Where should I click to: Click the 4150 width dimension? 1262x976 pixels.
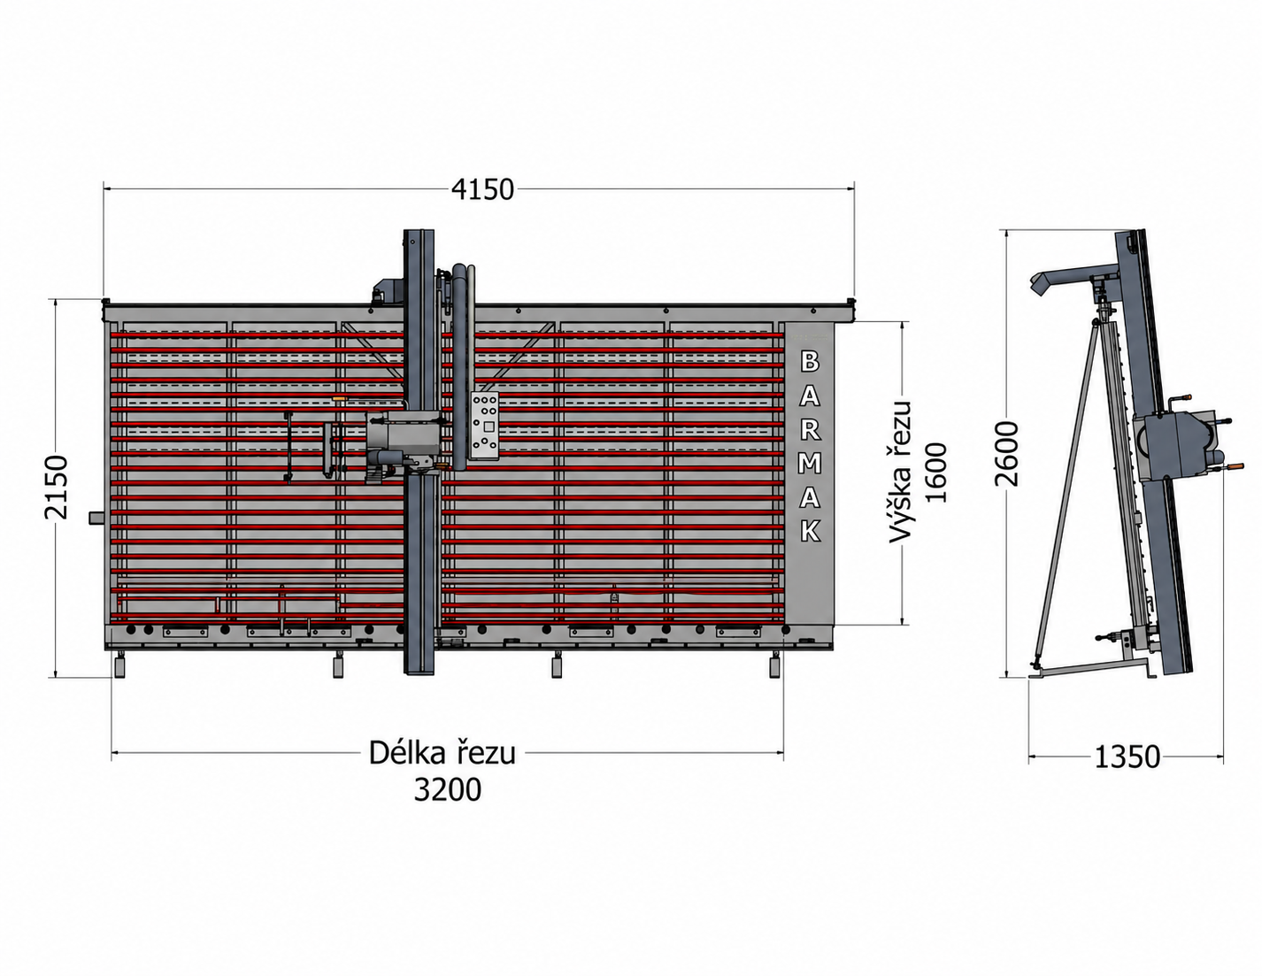[482, 190]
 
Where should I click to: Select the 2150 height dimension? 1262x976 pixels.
[58, 488]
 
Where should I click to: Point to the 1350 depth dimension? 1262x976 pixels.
[1127, 757]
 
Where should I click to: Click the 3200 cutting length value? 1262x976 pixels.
[448, 789]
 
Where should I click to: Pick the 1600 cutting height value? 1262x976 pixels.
[935, 472]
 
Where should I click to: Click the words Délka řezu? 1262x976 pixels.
[442, 752]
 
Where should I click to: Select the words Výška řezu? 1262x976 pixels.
[901, 472]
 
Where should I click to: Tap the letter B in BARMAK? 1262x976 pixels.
[810, 362]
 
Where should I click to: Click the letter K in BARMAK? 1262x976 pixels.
[811, 531]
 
